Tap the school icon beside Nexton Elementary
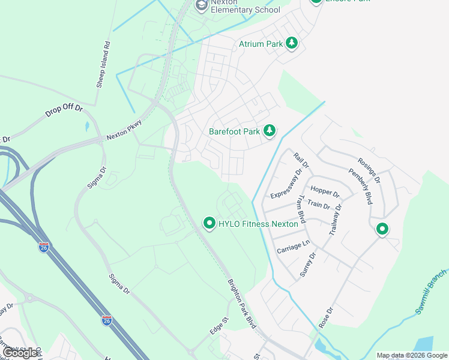click(201, 5)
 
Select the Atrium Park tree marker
click(292, 43)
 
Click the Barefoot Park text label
click(234, 131)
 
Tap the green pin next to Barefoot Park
click(270, 130)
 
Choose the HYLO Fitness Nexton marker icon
click(209, 224)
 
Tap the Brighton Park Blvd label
click(241, 304)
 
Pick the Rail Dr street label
click(301, 160)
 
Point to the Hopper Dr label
click(325, 192)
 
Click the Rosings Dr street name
click(369, 170)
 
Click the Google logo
click(20, 352)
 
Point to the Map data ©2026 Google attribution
click(412, 355)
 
